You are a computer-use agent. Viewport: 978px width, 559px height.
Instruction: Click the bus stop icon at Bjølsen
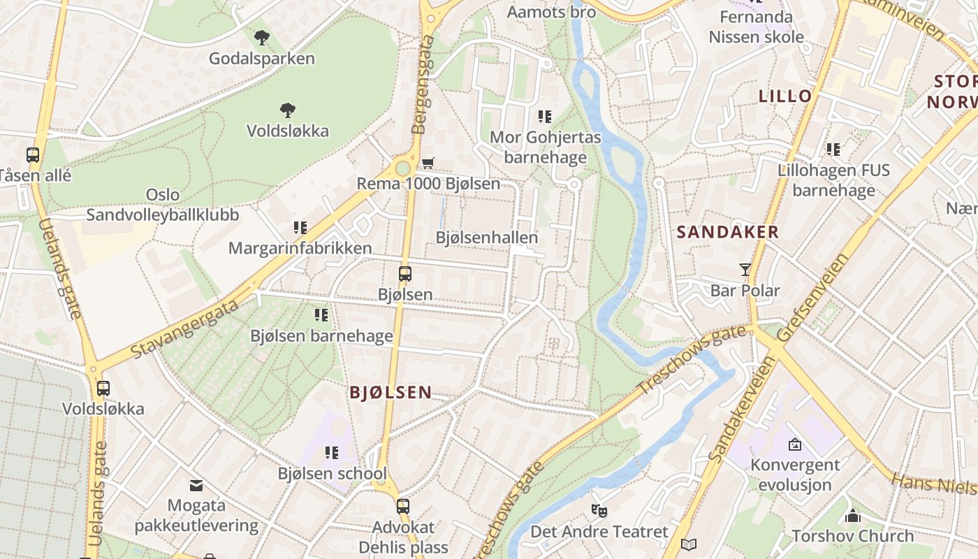tap(404, 273)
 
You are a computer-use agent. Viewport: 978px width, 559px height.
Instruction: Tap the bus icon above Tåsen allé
tap(33, 155)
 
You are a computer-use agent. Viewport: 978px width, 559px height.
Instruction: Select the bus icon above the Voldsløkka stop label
tap(103, 388)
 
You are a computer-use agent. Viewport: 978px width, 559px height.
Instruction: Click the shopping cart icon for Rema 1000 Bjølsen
tap(428, 163)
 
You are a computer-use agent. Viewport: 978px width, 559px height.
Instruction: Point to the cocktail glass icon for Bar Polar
tap(745, 269)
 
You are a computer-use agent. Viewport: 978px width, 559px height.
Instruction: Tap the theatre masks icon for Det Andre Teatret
tap(599, 511)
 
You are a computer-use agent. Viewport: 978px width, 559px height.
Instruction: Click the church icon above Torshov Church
tap(852, 516)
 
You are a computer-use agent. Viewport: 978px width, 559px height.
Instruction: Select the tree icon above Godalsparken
tap(262, 37)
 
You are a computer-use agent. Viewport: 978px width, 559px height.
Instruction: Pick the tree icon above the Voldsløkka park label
tap(287, 110)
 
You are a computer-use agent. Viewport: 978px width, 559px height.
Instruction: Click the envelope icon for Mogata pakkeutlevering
tap(196, 485)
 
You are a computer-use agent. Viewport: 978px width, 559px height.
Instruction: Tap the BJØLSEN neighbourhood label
tap(391, 393)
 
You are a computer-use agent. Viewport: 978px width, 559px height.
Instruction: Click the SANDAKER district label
tap(728, 233)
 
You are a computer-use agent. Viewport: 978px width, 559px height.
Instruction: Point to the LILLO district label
tap(786, 96)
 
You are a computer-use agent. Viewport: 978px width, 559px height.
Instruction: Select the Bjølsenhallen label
tap(487, 238)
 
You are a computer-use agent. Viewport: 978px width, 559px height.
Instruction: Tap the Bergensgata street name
tap(423, 85)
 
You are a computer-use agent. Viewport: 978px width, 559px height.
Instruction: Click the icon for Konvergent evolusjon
tap(794, 444)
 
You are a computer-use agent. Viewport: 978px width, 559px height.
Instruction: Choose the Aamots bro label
tap(551, 12)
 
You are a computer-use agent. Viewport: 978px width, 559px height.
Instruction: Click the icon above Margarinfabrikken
tap(300, 227)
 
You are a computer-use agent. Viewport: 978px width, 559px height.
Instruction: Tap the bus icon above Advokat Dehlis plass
tap(403, 506)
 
